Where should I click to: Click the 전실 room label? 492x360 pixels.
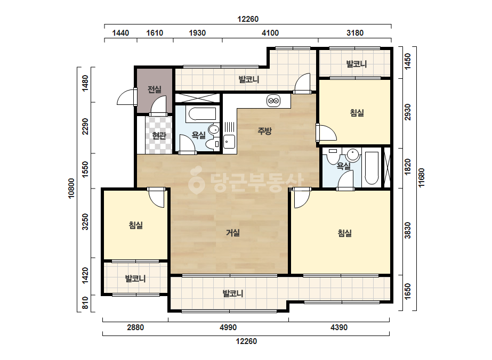pos(155,89)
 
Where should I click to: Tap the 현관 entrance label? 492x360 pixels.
pos(159,135)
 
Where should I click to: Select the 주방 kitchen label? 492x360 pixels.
pos(264,131)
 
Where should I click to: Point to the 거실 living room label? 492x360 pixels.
pos(233,233)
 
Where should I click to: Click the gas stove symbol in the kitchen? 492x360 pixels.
pos(273,101)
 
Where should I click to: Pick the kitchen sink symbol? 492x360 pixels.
pos(229,142)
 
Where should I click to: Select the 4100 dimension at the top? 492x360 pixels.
pos(270,33)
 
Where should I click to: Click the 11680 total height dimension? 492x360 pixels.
pos(422,177)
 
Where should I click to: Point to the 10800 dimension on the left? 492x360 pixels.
pos(71,188)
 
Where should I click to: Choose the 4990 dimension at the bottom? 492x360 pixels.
pos(228,328)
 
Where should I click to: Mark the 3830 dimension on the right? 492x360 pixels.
pos(408,231)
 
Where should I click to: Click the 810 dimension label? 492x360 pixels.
pos(85,303)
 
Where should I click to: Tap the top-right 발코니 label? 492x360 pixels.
pos(357,64)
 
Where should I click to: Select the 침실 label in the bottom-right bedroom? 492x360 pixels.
pos(344,233)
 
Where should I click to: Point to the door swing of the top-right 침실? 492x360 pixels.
pos(326,133)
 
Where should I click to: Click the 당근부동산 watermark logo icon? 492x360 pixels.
pos(197,180)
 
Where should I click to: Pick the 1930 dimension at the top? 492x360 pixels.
pos(197,33)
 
